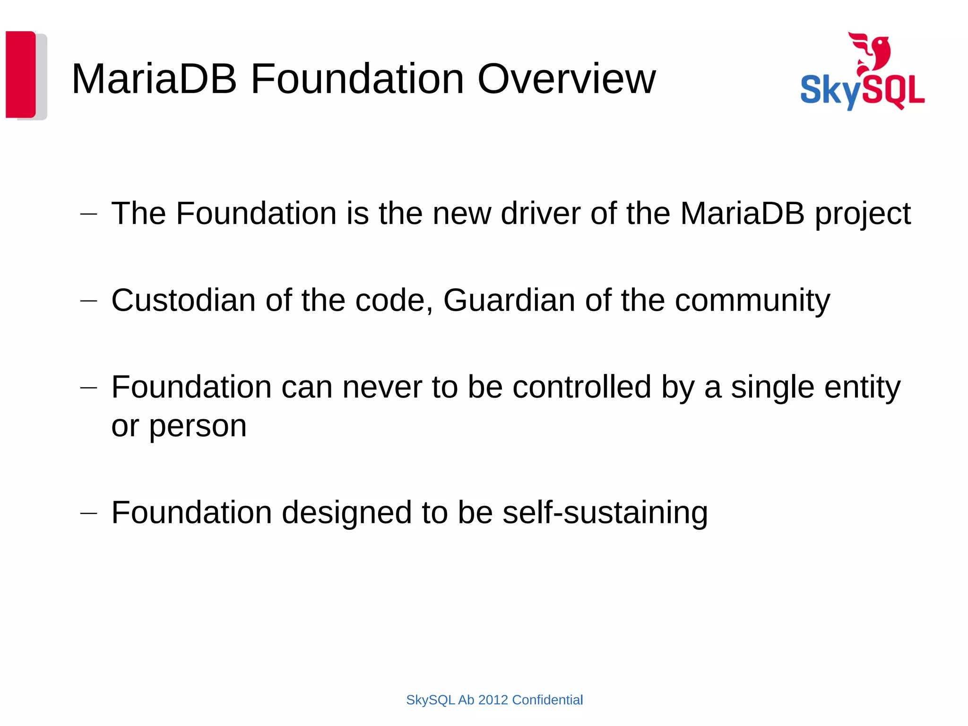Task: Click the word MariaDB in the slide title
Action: tap(154, 79)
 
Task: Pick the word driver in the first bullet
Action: tap(540, 214)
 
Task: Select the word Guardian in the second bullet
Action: tap(509, 300)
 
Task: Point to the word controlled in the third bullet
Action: tap(582, 387)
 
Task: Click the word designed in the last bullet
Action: tap(346, 513)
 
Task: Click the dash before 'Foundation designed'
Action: tap(89, 513)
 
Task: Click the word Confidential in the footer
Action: tap(547, 700)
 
